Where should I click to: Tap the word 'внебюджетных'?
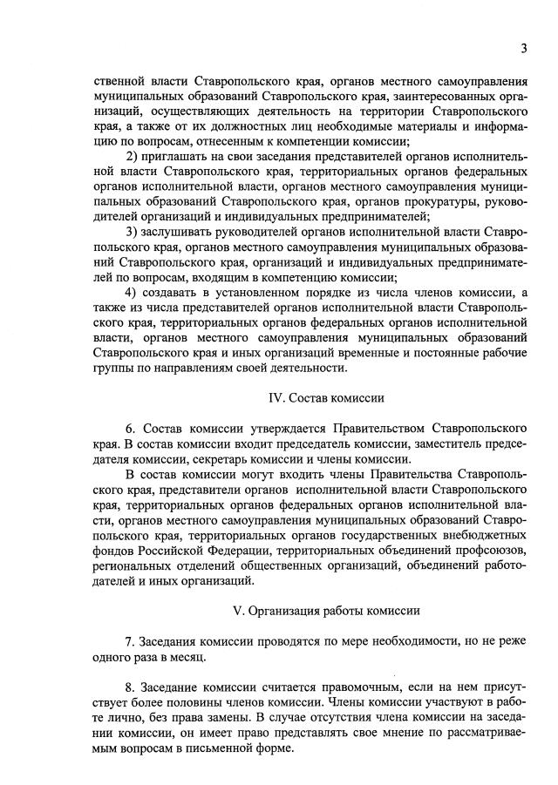coord(484,535)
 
